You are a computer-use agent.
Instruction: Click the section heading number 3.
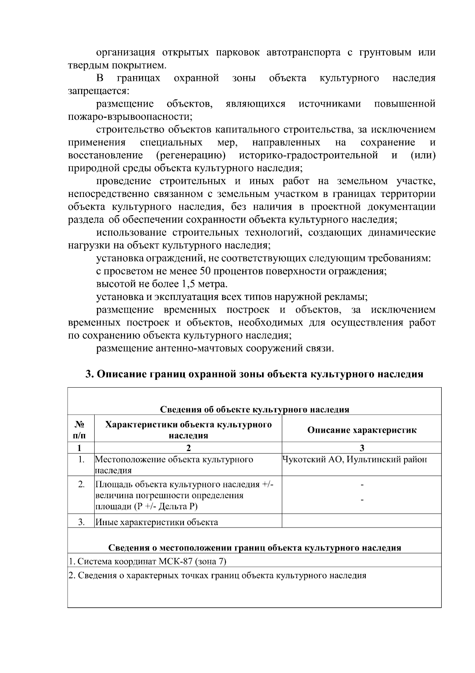[x=89, y=374]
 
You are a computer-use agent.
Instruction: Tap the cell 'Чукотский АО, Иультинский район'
[x=355, y=459]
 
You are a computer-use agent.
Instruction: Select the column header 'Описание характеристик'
[x=361, y=430]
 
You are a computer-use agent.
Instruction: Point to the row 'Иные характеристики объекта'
[x=157, y=522]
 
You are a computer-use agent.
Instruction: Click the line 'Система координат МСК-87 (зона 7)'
[x=147, y=562]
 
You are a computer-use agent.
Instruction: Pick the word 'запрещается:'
[x=98, y=91]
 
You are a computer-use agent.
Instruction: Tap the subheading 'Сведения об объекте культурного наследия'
[x=254, y=409]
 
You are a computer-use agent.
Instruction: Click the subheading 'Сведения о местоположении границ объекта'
[x=254, y=548]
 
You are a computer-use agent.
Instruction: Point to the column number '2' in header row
[x=188, y=448]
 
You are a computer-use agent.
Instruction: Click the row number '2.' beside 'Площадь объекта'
[x=81, y=484]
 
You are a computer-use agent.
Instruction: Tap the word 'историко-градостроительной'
[x=308, y=155]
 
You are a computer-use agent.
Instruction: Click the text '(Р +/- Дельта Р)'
[x=165, y=507]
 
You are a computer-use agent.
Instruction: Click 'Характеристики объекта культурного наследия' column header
[x=188, y=430]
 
